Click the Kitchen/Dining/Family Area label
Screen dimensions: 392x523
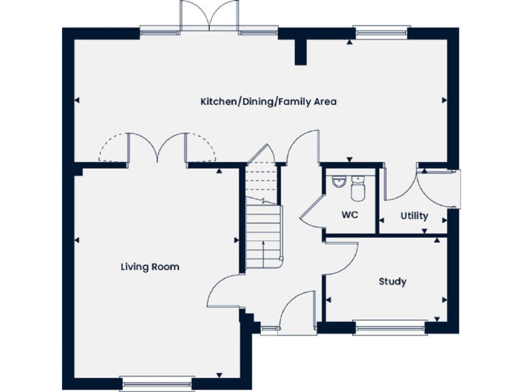268,102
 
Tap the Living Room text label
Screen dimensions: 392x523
150,267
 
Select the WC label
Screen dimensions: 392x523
350,216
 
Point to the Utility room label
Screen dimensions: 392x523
414,216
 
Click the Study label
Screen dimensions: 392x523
392,281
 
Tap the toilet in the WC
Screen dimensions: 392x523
359,187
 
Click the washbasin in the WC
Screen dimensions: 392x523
338,182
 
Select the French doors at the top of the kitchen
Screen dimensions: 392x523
210,15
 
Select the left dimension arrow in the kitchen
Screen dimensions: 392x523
77,101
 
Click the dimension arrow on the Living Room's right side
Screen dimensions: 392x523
236,240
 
